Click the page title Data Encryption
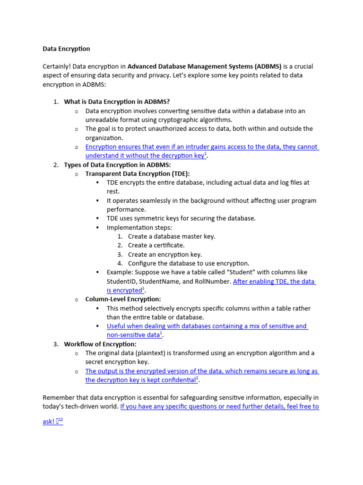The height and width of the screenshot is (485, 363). (66, 49)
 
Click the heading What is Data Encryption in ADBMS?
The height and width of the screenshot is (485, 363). (117, 102)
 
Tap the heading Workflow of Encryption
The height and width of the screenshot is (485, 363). (100, 344)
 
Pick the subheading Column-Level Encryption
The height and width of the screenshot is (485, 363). (123, 299)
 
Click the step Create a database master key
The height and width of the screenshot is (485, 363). (172, 236)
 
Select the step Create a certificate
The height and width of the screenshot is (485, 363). (156, 245)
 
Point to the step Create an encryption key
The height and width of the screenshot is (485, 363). (164, 254)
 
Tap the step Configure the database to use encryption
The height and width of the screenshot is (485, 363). (188, 263)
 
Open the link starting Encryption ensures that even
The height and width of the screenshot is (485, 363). (202, 147)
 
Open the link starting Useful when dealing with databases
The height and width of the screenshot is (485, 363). (207, 326)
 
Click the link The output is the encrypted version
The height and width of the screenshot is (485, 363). (202, 371)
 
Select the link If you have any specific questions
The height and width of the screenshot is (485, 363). (219, 407)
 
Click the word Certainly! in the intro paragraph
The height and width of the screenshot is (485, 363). (56, 66)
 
